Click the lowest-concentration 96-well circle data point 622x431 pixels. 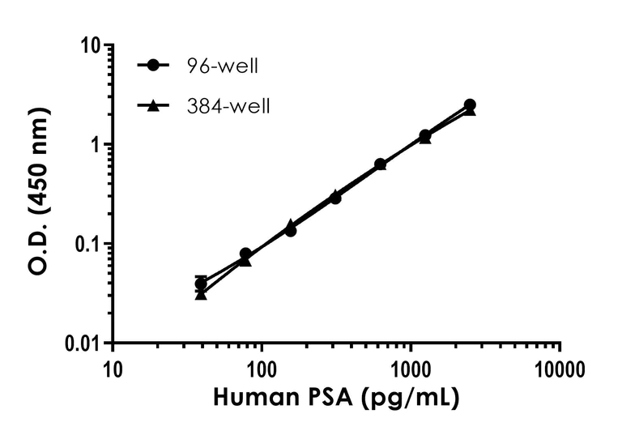click(201, 284)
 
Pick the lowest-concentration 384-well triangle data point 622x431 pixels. click(201, 294)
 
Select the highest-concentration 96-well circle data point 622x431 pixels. click(470, 105)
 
